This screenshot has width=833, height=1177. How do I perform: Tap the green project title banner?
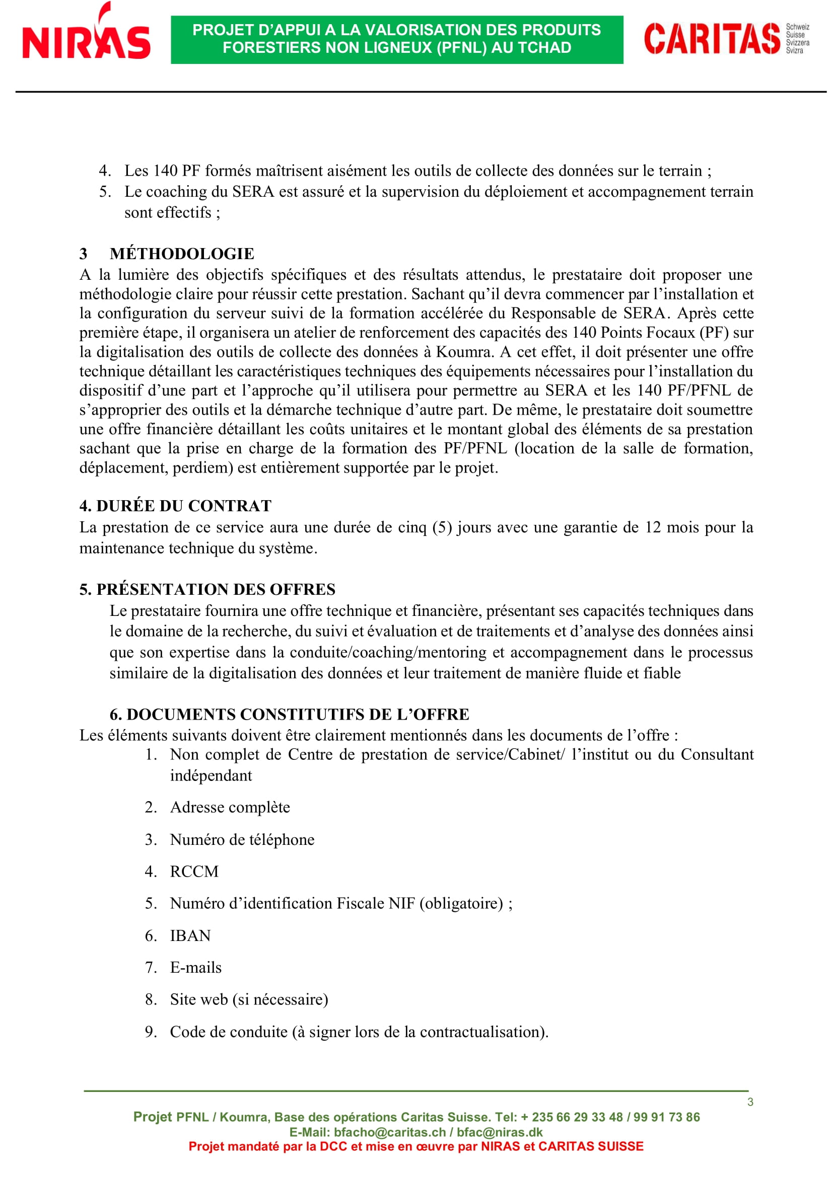point(396,39)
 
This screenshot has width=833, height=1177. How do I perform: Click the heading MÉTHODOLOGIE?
point(182,254)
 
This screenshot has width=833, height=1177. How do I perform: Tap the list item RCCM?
point(194,872)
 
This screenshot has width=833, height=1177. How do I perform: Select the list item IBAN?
point(190,935)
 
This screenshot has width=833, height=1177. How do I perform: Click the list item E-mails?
point(195,967)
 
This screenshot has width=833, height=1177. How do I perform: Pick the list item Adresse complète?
point(230,807)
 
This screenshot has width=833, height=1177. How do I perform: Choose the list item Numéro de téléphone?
point(242,840)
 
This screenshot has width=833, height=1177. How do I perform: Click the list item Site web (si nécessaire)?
point(249,999)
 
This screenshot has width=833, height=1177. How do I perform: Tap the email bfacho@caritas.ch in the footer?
point(389,1132)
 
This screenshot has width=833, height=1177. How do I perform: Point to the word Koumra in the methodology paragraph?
point(464,352)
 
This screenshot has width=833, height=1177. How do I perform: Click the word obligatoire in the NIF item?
point(461,903)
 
